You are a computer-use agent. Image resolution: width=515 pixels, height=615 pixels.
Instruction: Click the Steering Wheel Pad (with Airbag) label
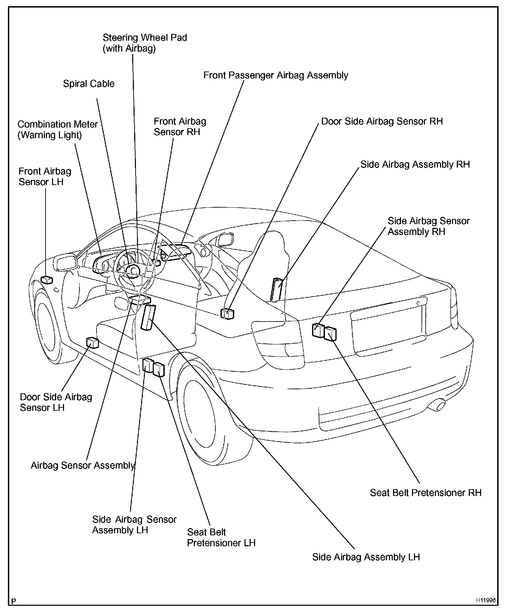tap(145, 43)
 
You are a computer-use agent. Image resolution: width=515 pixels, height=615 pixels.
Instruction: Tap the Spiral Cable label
tap(89, 84)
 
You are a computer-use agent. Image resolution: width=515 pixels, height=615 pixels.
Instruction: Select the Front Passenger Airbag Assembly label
tap(276, 75)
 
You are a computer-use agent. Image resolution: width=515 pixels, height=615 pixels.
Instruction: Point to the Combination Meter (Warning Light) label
tap(58, 130)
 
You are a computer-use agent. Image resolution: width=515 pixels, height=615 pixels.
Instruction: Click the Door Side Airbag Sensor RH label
tap(382, 121)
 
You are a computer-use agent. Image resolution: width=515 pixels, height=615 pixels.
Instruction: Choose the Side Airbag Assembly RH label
tap(415, 165)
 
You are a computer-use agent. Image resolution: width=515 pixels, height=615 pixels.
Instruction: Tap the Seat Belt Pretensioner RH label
tap(426, 493)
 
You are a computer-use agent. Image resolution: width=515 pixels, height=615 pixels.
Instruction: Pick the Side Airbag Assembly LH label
tap(366, 557)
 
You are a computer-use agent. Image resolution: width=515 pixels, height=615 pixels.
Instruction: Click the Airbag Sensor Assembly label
tap(83, 465)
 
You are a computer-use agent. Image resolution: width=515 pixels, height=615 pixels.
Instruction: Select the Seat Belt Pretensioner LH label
tap(221, 537)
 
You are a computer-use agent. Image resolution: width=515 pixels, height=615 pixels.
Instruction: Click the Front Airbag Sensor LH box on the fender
tap(47, 280)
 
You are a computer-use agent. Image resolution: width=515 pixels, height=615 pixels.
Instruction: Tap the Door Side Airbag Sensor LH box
tap(92, 342)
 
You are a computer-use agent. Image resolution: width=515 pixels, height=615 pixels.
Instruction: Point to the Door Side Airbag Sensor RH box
tap(228, 313)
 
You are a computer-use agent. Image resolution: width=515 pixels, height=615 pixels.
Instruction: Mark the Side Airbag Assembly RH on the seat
tap(277, 289)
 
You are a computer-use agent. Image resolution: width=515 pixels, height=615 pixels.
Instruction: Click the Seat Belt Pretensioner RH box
tap(330, 334)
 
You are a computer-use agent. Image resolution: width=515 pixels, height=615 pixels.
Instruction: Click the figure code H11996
tap(486, 600)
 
